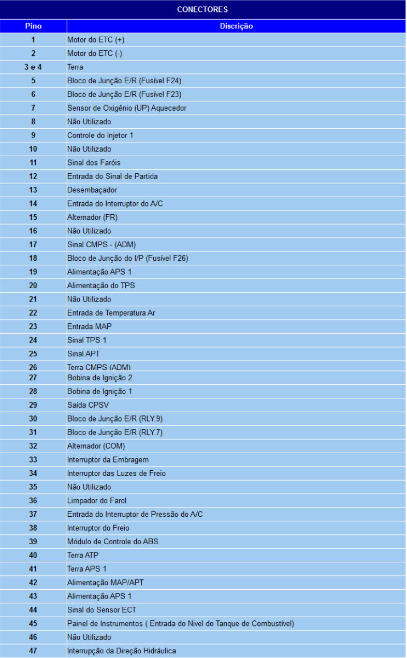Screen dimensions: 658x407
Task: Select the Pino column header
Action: pos(33,26)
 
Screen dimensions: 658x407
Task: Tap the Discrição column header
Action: pos(236,26)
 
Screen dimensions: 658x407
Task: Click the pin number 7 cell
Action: pos(33,108)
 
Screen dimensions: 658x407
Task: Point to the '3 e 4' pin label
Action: pos(33,67)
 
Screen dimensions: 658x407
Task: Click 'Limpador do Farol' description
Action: pos(97,500)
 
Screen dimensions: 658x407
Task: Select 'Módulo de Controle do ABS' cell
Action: pos(113,542)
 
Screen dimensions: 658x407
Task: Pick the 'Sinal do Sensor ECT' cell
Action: pos(101,610)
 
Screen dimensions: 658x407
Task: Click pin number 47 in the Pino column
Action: pos(33,651)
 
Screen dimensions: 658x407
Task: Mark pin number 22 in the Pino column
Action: pos(33,312)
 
